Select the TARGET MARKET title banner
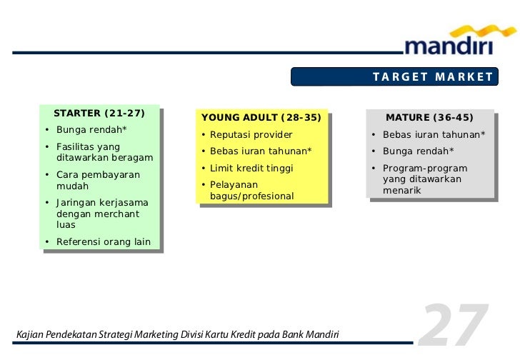tap(432, 77)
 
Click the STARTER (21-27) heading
tap(99, 114)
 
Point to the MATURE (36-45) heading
tap(429, 118)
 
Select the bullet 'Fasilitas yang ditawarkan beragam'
tap(104, 152)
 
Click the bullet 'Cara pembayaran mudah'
tap(98, 180)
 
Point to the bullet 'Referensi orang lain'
tap(103, 242)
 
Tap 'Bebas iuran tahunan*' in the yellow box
tap(261, 151)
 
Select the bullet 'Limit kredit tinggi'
tap(251, 169)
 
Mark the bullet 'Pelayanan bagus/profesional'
tap(251, 191)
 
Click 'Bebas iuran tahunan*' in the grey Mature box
tap(434, 135)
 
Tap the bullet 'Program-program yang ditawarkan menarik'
tap(424, 179)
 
